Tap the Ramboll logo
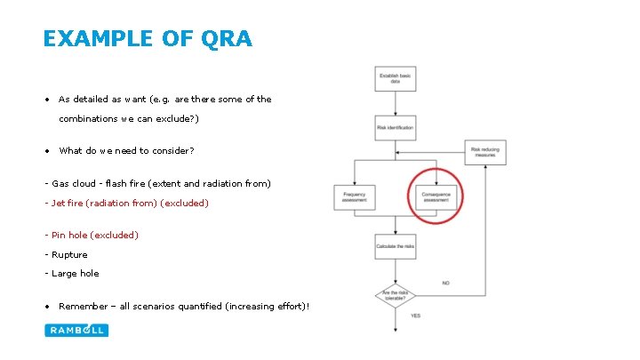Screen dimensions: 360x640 point(76,330)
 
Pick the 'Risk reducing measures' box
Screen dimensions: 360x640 point(484,151)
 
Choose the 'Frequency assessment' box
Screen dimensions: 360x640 point(354,197)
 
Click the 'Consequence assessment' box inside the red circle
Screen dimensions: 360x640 point(436,197)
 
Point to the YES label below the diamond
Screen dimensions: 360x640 point(416,316)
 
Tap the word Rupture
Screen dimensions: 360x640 point(70,255)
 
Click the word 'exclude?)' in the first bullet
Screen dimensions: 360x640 point(176,118)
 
